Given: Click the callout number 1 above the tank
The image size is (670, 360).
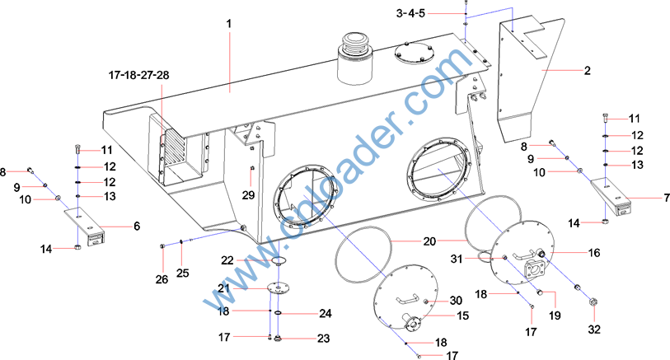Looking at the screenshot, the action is pyautogui.click(x=229, y=24).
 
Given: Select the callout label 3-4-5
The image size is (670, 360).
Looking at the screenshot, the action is pyautogui.click(x=410, y=13).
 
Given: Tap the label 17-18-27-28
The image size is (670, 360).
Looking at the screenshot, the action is pyautogui.click(x=139, y=75).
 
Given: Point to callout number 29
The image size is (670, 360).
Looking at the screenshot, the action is pyautogui.click(x=248, y=195).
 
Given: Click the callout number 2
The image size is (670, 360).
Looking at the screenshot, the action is pyautogui.click(x=588, y=71).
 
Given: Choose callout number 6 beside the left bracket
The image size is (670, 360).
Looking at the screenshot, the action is pyautogui.click(x=137, y=226).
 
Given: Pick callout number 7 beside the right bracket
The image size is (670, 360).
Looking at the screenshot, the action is pyautogui.click(x=667, y=199).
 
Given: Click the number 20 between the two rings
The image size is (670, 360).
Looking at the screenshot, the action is pyautogui.click(x=429, y=241).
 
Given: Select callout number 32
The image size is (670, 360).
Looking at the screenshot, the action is pyautogui.click(x=594, y=330).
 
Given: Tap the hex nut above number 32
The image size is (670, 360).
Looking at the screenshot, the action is pyautogui.click(x=593, y=302).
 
